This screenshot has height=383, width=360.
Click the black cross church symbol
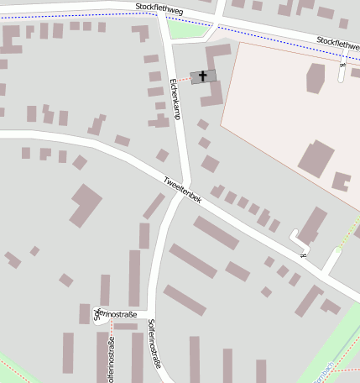[x=202, y=76]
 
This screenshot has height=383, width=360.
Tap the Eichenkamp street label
[x=175, y=98]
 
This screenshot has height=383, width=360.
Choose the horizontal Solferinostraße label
[x=117, y=314]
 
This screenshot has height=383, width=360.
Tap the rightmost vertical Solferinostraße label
[x=154, y=344]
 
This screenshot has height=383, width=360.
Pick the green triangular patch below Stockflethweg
[x=186, y=31]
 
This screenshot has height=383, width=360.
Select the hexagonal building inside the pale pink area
[x=316, y=78]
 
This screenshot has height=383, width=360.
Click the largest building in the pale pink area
[x=316, y=158]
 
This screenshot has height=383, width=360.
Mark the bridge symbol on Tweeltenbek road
[x=302, y=255]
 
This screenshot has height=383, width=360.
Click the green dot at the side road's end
[x=336, y=249]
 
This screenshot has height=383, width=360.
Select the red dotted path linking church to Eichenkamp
[x=183, y=79]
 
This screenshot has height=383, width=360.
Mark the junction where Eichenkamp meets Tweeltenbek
[x=189, y=186]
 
